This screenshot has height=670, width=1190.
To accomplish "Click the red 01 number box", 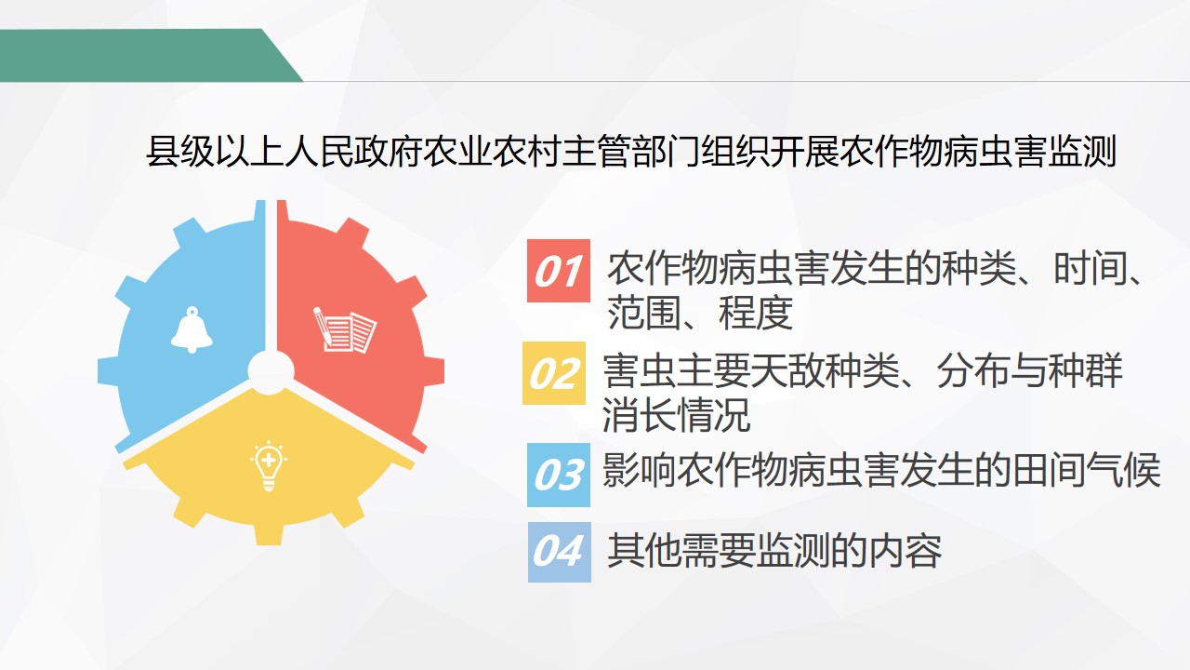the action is point(559,271).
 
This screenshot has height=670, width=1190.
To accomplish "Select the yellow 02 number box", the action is point(554,373).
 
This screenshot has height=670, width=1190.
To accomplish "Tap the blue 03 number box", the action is point(559,475).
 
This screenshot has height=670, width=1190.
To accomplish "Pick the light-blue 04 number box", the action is point(560,552).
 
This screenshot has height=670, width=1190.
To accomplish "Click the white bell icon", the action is point(192,329).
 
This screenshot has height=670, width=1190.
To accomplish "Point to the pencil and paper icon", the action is point(344,329).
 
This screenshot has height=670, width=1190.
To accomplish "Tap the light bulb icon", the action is point(269,466).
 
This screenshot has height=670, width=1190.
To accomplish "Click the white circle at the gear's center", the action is point(271,372).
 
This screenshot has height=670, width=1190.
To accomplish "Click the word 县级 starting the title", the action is point(180,153).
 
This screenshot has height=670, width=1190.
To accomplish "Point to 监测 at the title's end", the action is point(1081,153).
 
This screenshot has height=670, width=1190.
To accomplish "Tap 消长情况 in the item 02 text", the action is point(676,414).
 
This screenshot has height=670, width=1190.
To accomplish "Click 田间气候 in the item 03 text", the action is point(1086,471).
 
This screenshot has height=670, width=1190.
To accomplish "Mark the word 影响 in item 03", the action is point(639,471).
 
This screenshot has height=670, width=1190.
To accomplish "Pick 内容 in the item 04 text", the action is point(905,550).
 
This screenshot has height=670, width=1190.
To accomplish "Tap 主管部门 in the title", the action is point(630,153).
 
